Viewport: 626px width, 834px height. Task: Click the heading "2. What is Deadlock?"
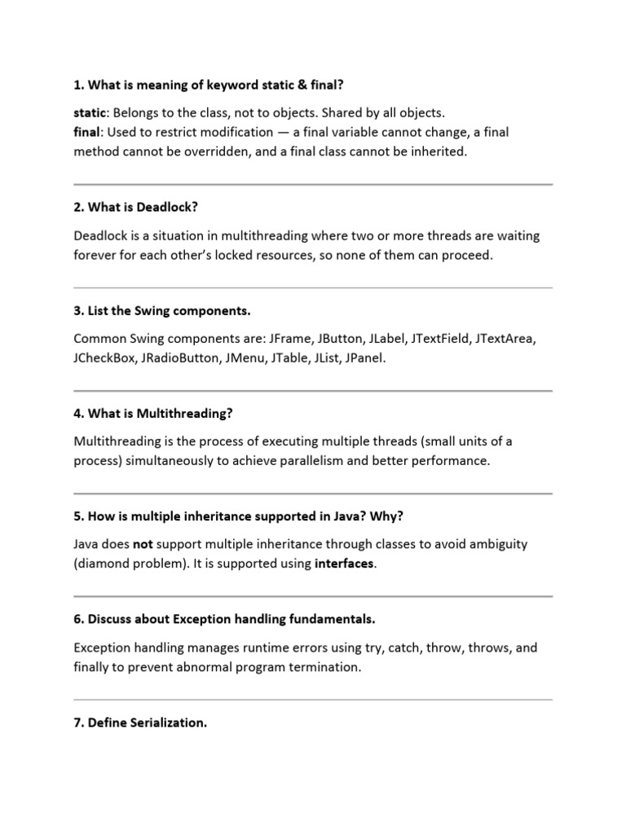coord(135,208)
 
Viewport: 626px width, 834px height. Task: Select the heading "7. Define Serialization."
coord(139,722)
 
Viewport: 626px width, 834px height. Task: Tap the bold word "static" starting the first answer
coord(90,112)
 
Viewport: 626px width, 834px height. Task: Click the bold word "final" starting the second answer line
coord(87,132)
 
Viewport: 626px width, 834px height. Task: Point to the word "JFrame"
coord(291,338)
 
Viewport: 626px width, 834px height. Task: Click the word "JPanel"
coord(364,358)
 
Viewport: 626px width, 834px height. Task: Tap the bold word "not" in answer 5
coord(143,544)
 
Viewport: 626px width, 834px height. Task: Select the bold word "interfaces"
coord(345,564)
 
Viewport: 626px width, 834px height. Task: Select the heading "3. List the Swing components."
coord(162,311)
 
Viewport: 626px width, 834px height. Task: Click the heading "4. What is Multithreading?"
coord(153,414)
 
